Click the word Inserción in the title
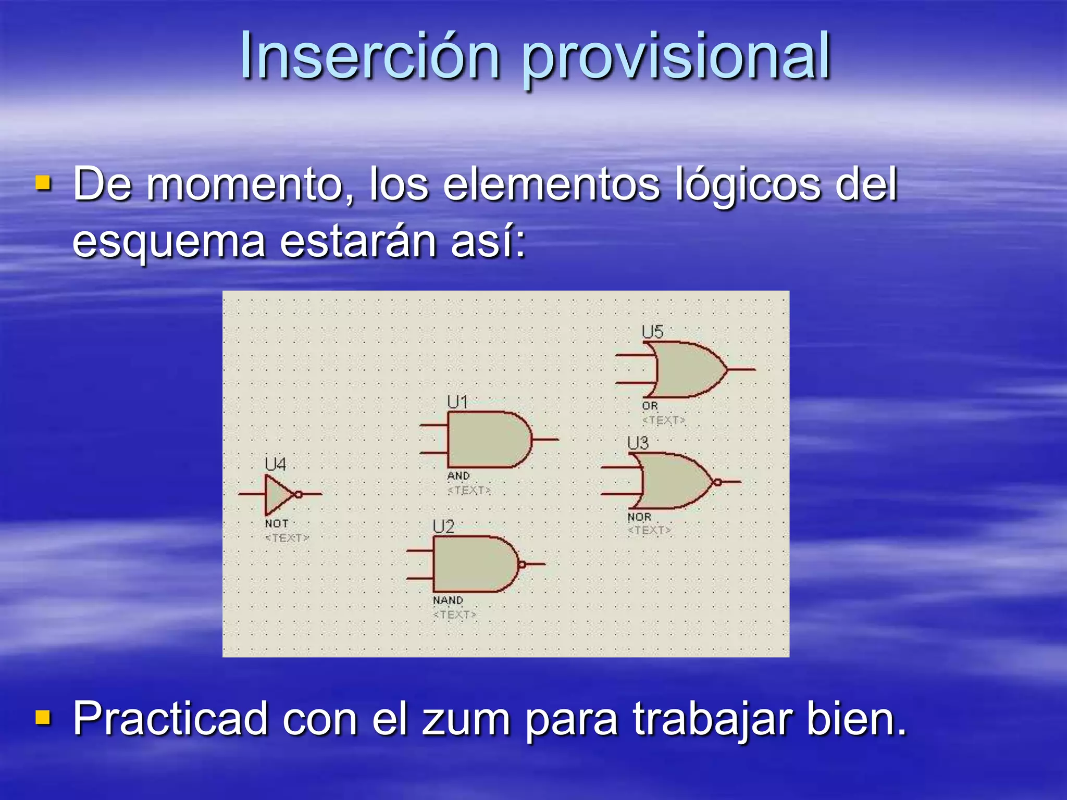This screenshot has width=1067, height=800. pyautogui.click(x=370, y=56)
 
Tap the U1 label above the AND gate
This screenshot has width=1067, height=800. pyautogui.click(x=457, y=402)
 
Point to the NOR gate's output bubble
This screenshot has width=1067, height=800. pyautogui.click(x=717, y=482)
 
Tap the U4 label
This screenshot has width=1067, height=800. pyautogui.click(x=275, y=464)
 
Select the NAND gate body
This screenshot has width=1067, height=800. pyautogui.click(x=472, y=564)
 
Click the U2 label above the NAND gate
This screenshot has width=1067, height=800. pyautogui.click(x=443, y=527)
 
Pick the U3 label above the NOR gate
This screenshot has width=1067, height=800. pyautogui.click(x=638, y=443)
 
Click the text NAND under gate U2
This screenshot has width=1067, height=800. pyautogui.click(x=448, y=601)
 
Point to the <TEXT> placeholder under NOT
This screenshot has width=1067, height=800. pyautogui.click(x=287, y=537)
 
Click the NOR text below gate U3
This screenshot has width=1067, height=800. pyautogui.click(x=639, y=517)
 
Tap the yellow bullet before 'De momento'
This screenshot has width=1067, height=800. pyautogui.click(x=43, y=183)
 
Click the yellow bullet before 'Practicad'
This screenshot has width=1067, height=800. pyautogui.click(x=43, y=717)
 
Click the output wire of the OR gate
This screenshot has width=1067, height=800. pyautogui.click(x=741, y=369)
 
